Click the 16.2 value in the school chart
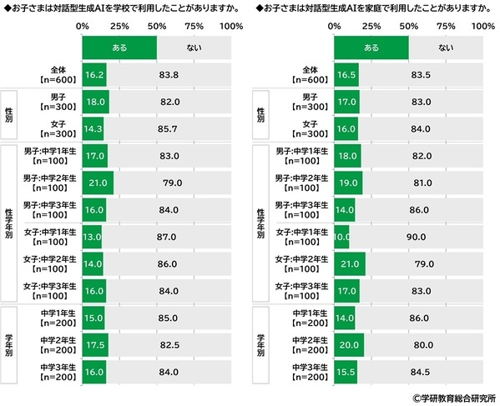[x=94, y=74]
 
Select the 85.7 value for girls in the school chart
[x=169, y=132]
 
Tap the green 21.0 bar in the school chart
[x=98, y=183]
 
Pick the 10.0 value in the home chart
[x=341, y=236]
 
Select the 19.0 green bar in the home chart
[x=348, y=183]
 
